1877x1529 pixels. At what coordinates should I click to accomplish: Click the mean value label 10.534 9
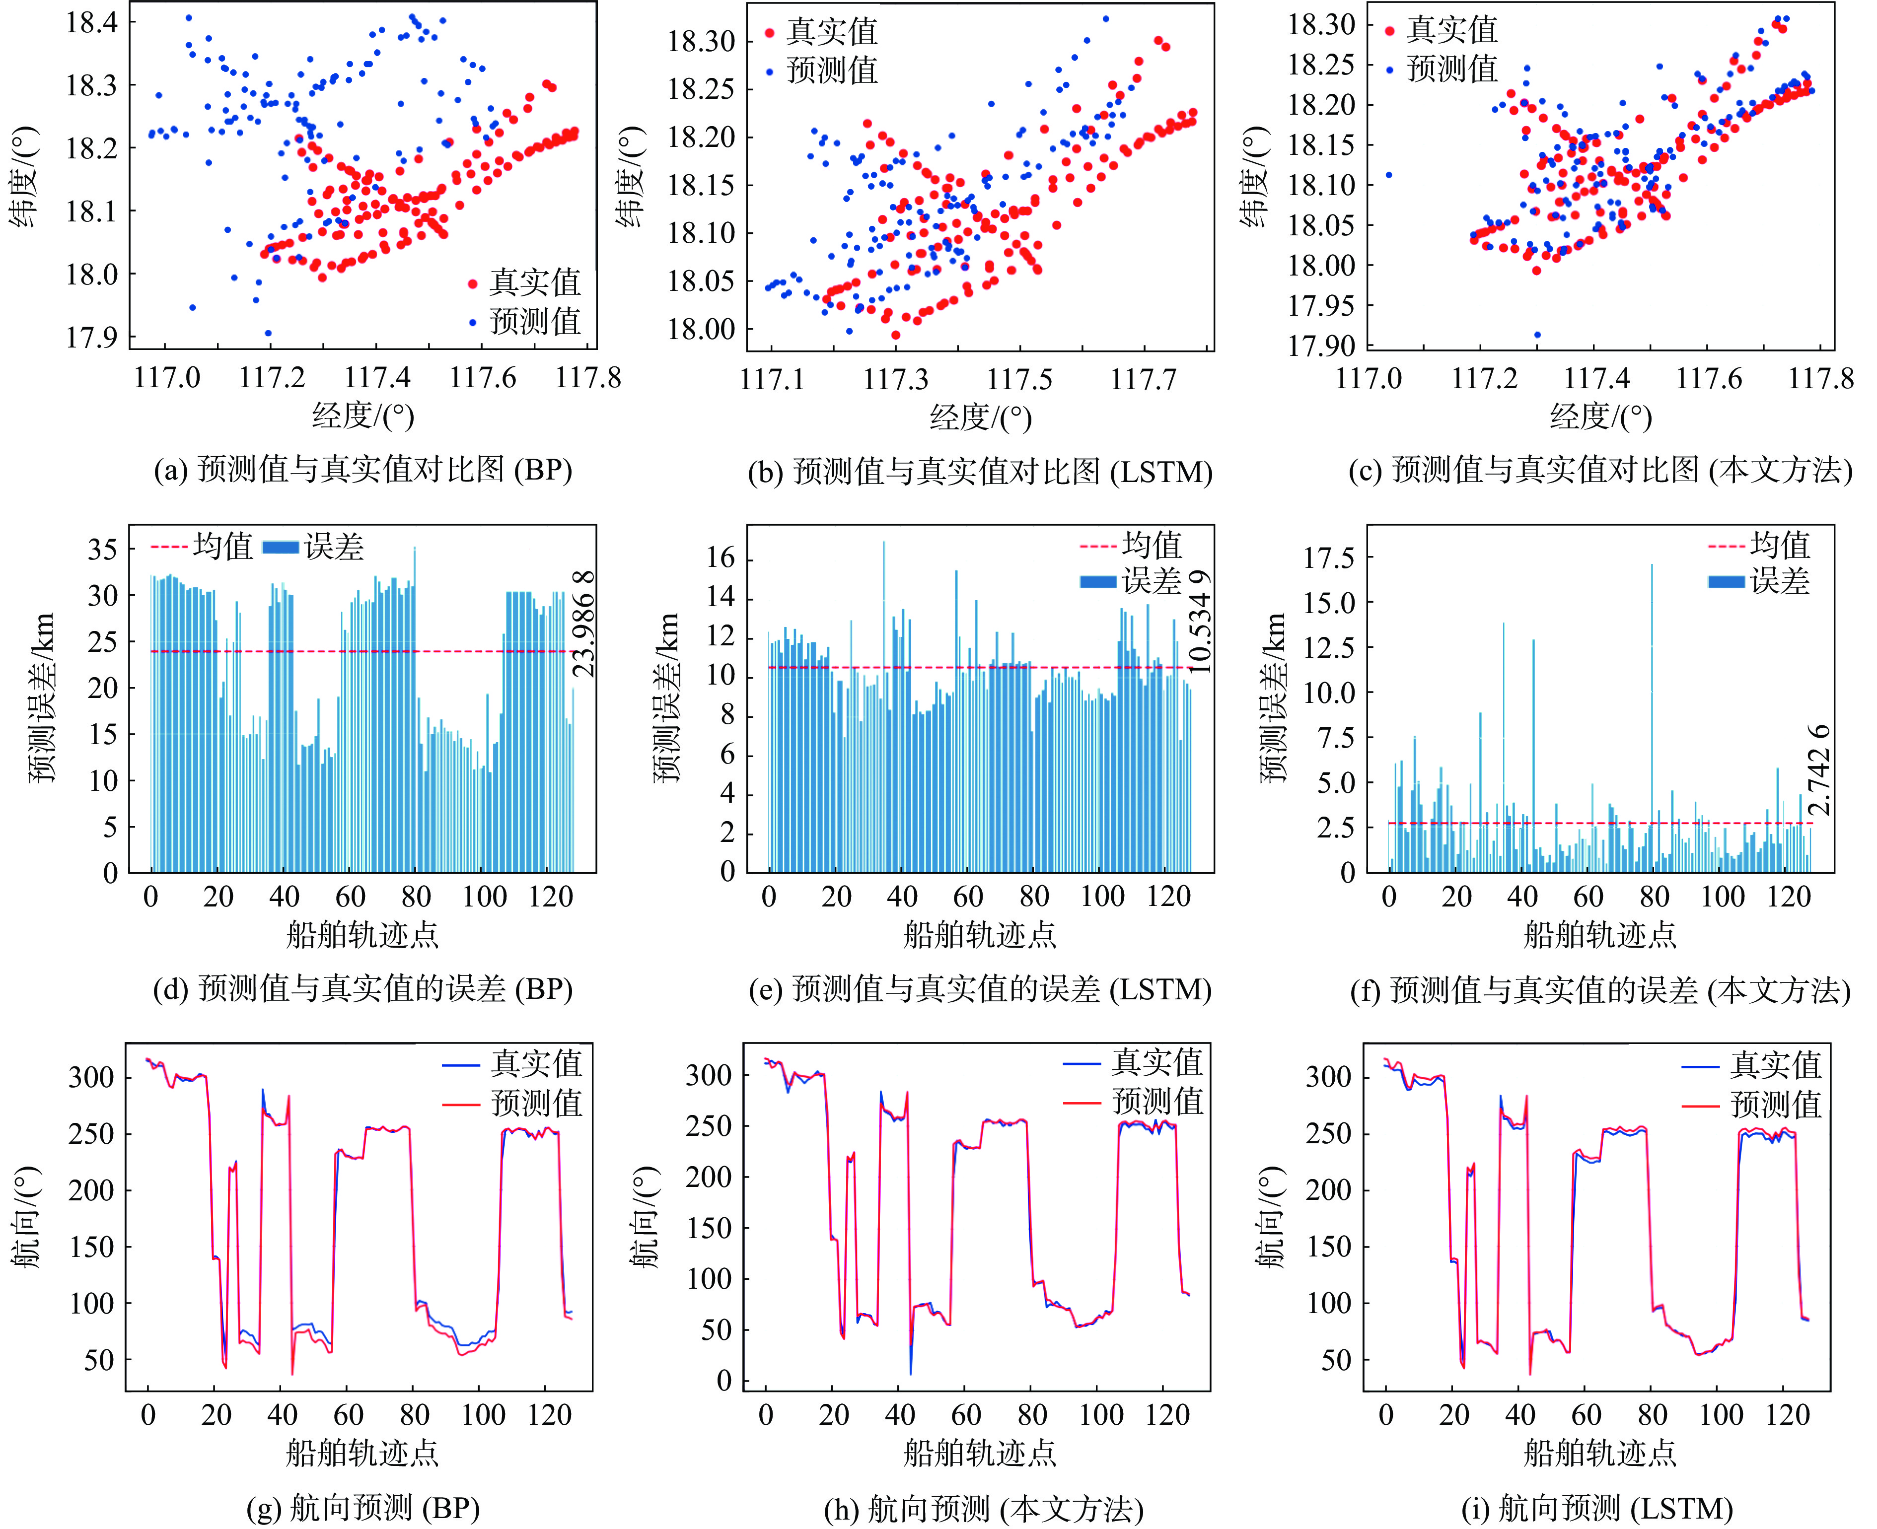[1200, 622]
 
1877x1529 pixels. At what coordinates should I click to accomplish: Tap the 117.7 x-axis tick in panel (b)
[1143, 380]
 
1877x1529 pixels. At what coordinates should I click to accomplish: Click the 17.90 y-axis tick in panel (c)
[1321, 346]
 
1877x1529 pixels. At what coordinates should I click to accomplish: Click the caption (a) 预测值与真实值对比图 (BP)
[363, 470]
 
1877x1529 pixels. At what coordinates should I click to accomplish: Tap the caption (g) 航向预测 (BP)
[363, 1509]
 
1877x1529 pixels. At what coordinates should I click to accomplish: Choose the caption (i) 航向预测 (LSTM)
[1597, 1509]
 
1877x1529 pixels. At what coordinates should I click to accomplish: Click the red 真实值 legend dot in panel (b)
[769, 33]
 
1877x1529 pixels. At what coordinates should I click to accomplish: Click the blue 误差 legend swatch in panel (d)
[281, 547]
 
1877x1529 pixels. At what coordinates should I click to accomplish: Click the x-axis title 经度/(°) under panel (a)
[363, 416]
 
